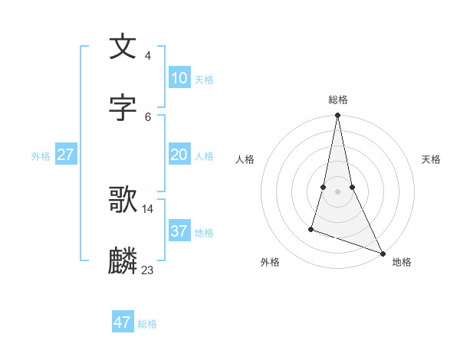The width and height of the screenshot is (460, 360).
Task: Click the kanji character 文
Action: [x=123, y=47]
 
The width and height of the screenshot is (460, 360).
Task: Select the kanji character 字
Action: [x=123, y=108]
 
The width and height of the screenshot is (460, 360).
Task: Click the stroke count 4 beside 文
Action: [x=147, y=56]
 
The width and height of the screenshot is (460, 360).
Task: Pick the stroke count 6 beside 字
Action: [x=147, y=116]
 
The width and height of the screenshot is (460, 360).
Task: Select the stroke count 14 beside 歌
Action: [x=147, y=208]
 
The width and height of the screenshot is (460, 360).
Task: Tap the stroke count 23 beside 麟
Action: [x=147, y=270]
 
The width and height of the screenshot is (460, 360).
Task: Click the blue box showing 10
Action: [x=179, y=78]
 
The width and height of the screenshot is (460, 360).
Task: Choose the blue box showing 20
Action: [x=179, y=155]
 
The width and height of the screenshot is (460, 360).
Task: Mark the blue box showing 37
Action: [x=179, y=231]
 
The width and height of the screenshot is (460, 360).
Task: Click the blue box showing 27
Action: [x=66, y=155]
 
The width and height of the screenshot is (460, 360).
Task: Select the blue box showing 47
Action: [x=123, y=322]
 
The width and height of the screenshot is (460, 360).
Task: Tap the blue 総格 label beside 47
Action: [x=147, y=324]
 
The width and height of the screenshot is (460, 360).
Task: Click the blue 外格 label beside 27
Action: [x=41, y=156]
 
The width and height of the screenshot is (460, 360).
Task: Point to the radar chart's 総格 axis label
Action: [x=337, y=100]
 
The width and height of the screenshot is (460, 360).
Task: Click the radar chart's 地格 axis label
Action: [x=402, y=262]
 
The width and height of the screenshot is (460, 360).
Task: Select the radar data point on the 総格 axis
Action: [x=337, y=116]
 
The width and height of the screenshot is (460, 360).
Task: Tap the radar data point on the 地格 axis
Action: [x=382, y=252]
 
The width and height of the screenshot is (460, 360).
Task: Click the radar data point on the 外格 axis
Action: [x=311, y=228]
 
